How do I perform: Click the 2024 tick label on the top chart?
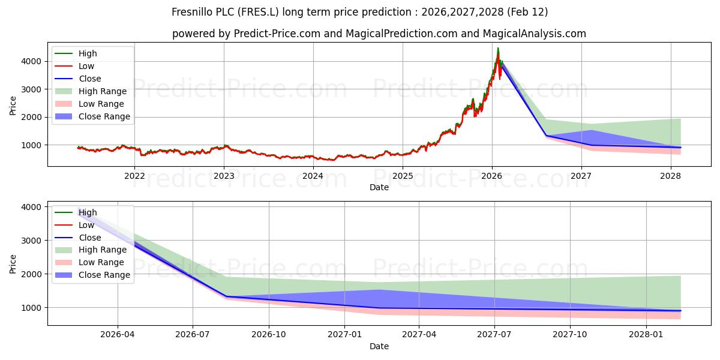(x=313, y=176)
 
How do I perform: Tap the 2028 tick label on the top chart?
(x=670, y=176)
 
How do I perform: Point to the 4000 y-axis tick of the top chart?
(x=32, y=61)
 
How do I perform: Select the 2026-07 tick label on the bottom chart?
(x=193, y=335)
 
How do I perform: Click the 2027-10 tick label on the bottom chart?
(x=570, y=335)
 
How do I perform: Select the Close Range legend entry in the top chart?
(x=104, y=116)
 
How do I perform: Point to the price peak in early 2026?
(x=498, y=48)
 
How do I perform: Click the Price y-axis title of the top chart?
(x=13, y=106)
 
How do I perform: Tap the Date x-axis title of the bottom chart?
(x=379, y=346)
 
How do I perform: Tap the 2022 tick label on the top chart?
(x=134, y=176)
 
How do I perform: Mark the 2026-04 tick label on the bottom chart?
(x=117, y=335)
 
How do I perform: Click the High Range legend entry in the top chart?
(x=103, y=91)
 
